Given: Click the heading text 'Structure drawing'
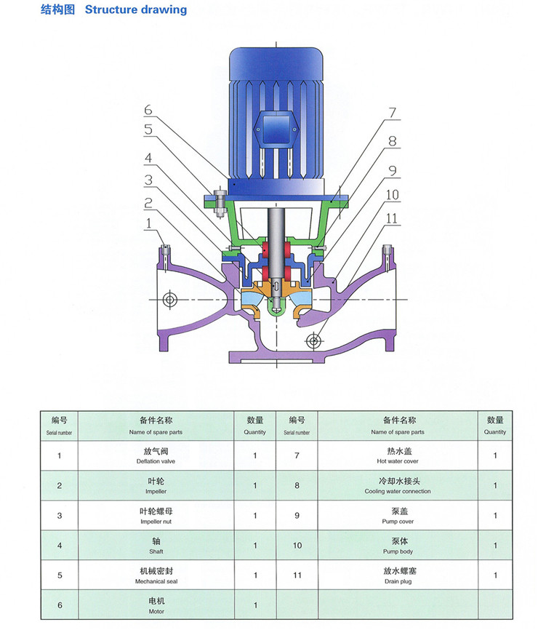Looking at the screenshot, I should tap(136, 10).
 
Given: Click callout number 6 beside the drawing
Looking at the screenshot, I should tap(148, 111).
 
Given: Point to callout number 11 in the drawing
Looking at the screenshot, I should tap(392, 218).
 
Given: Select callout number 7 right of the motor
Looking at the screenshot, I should tap(392, 113).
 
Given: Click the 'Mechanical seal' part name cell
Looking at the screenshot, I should tap(156, 576).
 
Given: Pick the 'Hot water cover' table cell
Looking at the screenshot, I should tap(398, 456).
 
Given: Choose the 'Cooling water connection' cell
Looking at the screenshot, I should tap(398, 486).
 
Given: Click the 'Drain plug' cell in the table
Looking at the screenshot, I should tap(398, 576).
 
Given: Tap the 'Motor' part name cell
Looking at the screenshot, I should tap(156, 605).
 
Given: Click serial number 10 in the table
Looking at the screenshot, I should tap(297, 546).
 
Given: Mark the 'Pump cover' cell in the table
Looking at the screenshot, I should tap(398, 516).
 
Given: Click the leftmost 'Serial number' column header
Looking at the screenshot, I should tap(59, 426).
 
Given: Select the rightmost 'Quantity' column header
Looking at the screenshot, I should tap(495, 426).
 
